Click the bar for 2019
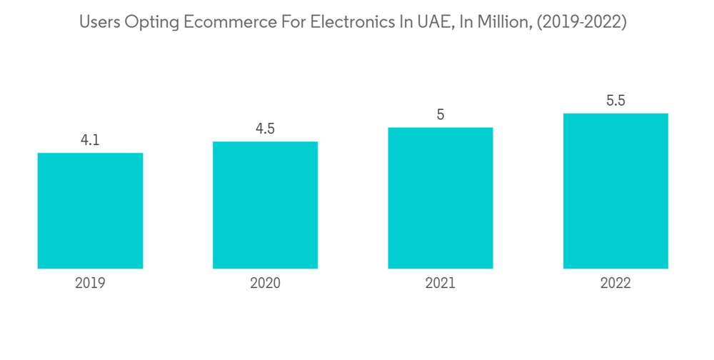[x=90, y=211]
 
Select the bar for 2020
[x=265, y=205]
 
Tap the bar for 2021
[x=440, y=198]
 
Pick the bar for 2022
[x=615, y=191]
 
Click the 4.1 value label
[x=90, y=141]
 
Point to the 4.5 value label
[x=265, y=129]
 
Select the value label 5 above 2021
[x=441, y=115]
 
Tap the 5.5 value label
[x=615, y=101]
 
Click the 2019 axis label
[x=90, y=283]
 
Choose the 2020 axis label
[x=265, y=283]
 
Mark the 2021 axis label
[x=441, y=283]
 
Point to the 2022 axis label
[x=615, y=283]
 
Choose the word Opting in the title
[x=147, y=23]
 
